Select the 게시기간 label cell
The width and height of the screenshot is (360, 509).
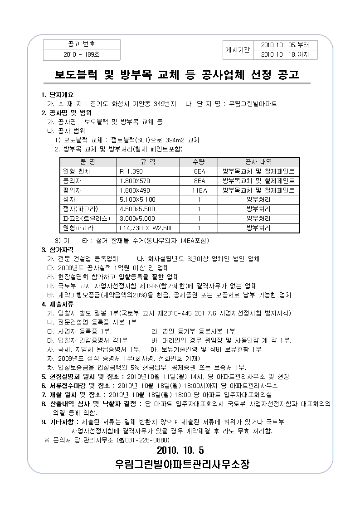[238, 50]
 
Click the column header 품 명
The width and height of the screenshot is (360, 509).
[88, 162]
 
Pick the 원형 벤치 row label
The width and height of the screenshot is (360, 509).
[77, 171]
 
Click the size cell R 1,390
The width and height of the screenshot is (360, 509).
[131, 171]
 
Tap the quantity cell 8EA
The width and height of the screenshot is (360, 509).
[199, 181]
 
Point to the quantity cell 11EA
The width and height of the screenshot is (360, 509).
[199, 190]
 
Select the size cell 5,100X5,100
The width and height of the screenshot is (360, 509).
[137, 199]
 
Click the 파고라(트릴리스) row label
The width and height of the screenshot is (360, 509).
[87, 218]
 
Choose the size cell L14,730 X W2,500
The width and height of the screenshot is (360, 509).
[146, 228]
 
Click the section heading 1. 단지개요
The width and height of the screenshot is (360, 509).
[57, 95]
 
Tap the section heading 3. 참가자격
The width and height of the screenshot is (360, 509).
[57, 250]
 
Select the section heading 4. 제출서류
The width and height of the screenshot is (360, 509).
[57, 304]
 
